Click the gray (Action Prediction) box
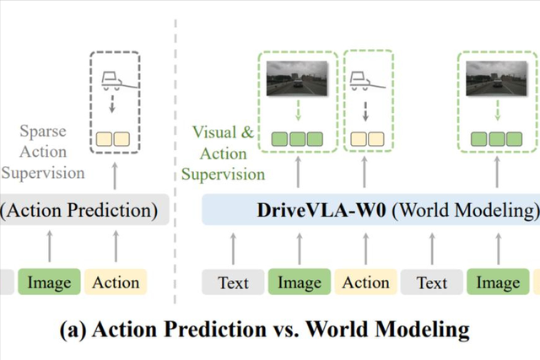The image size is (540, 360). tap(79, 209)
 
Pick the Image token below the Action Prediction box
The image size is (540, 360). tap(49, 282)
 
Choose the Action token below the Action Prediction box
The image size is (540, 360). tap(116, 282)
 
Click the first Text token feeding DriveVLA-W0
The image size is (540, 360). tap(234, 282)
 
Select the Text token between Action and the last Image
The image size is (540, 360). tap(431, 282)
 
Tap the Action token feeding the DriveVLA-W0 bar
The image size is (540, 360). tap(365, 282)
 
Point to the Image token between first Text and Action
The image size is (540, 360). tap(300, 282)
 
